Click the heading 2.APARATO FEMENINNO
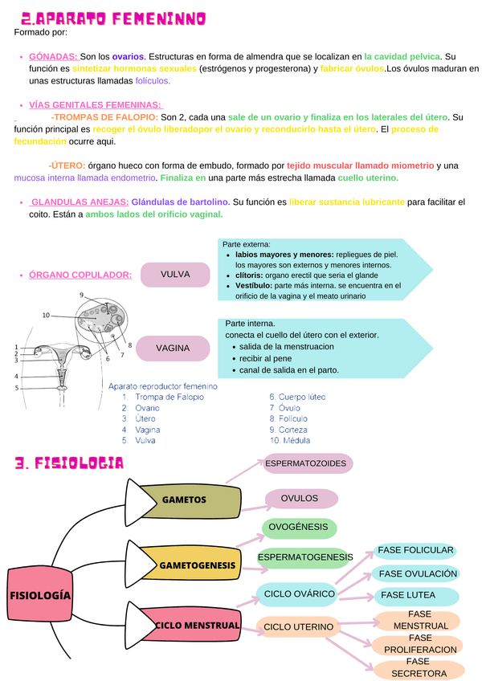pyautogui.click(x=113, y=18)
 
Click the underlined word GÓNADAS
pyautogui.click(x=53, y=57)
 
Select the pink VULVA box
pyautogui.click(x=175, y=275)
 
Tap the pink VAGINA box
pyautogui.click(x=173, y=349)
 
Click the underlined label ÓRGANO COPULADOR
pyautogui.click(x=80, y=275)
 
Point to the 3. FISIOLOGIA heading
pyautogui.click(x=69, y=463)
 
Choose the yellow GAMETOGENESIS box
pyautogui.click(x=197, y=565)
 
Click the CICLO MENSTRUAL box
pyautogui.click(x=197, y=625)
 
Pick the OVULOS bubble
pyautogui.click(x=299, y=499)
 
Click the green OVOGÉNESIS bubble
pyautogui.click(x=298, y=528)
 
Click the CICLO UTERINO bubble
pyautogui.click(x=299, y=626)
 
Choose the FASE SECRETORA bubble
pyautogui.click(x=419, y=668)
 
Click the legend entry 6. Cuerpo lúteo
pyautogui.click(x=297, y=397)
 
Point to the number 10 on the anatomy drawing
pyautogui.click(x=46, y=315)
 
